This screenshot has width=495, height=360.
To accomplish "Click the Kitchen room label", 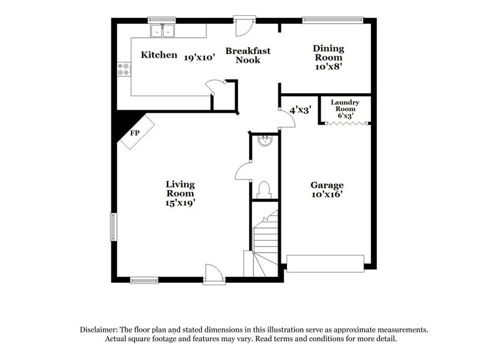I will pyautogui.click(x=159, y=55).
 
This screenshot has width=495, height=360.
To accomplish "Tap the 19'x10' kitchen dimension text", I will pyautogui.click(x=199, y=56).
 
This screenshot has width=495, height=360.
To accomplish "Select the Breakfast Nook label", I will pyautogui.click(x=248, y=55).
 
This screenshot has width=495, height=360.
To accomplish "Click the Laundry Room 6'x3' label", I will pyautogui.click(x=344, y=108).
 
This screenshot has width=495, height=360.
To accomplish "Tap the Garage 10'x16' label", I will pyautogui.click(x=326, y=189).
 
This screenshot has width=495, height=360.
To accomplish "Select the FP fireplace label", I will pyautogui.click(x=135, y=133).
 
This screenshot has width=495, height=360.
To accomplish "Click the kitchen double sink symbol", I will pyautogui.click(x=163, y=30).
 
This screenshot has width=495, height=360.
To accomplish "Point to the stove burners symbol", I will pyautogui.click(x=124, y=69).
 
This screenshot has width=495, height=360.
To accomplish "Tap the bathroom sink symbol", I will pyautogui.click(x=265, y=142).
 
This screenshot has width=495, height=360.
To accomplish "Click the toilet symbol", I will pyautogui.click(x=265, y=188).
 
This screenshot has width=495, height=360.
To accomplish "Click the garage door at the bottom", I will pyautogui.click(x=326, y=263).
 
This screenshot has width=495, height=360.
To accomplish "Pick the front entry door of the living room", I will pyautogui.click(x=214, y=274).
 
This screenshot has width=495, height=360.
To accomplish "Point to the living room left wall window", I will pyautogui.click(x=113, y=226).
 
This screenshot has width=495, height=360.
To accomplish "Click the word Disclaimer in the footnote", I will pyautogui.click(x=101, y=329).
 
